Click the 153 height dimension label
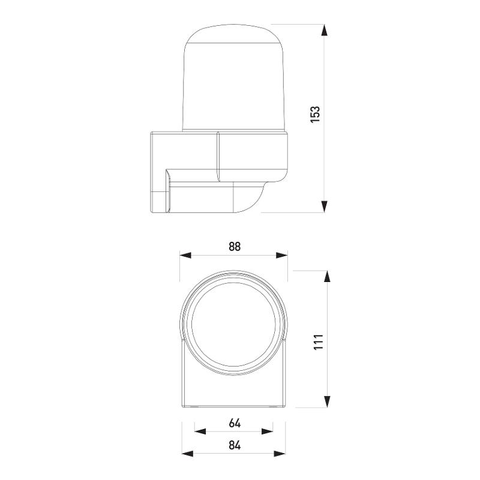[315, 114]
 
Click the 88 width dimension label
[235, 247]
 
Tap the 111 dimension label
[319, 342]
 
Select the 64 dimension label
[235, 423]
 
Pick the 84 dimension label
[235, 445]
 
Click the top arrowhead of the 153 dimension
[325, 31]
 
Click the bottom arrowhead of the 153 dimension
[325, 206]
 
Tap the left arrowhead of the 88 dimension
[185, 256]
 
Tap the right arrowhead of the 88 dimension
[282, 256]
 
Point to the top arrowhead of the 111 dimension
[327, 277]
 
